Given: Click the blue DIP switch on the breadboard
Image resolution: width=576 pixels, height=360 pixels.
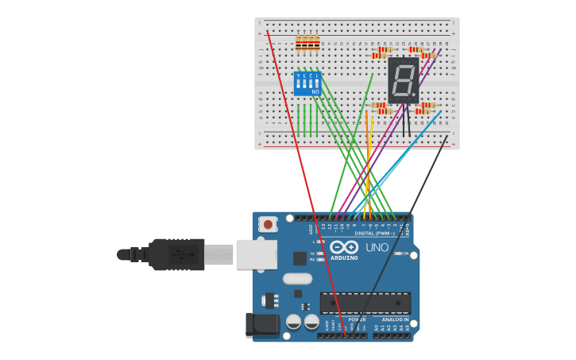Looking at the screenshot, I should pos(307,83).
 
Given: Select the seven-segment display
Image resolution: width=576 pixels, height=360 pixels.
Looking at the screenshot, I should pos(403,80).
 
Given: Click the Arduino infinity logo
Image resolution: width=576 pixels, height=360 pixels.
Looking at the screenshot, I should pos(344,247).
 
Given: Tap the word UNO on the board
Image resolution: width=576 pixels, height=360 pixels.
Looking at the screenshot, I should pos(377,247).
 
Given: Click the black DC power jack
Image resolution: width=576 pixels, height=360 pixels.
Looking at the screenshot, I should pos(262,325).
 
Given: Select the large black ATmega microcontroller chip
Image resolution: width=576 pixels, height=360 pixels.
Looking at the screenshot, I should pos(365,302).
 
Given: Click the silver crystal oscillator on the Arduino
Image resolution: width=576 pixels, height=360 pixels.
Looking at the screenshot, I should pos(297,279).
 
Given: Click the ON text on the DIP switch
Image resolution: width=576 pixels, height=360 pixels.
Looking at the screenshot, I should pos(315,92).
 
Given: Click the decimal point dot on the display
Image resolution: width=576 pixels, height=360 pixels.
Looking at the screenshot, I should pos(414,98).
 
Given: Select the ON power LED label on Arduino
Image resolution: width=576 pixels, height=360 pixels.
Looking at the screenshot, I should pos(404,254).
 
